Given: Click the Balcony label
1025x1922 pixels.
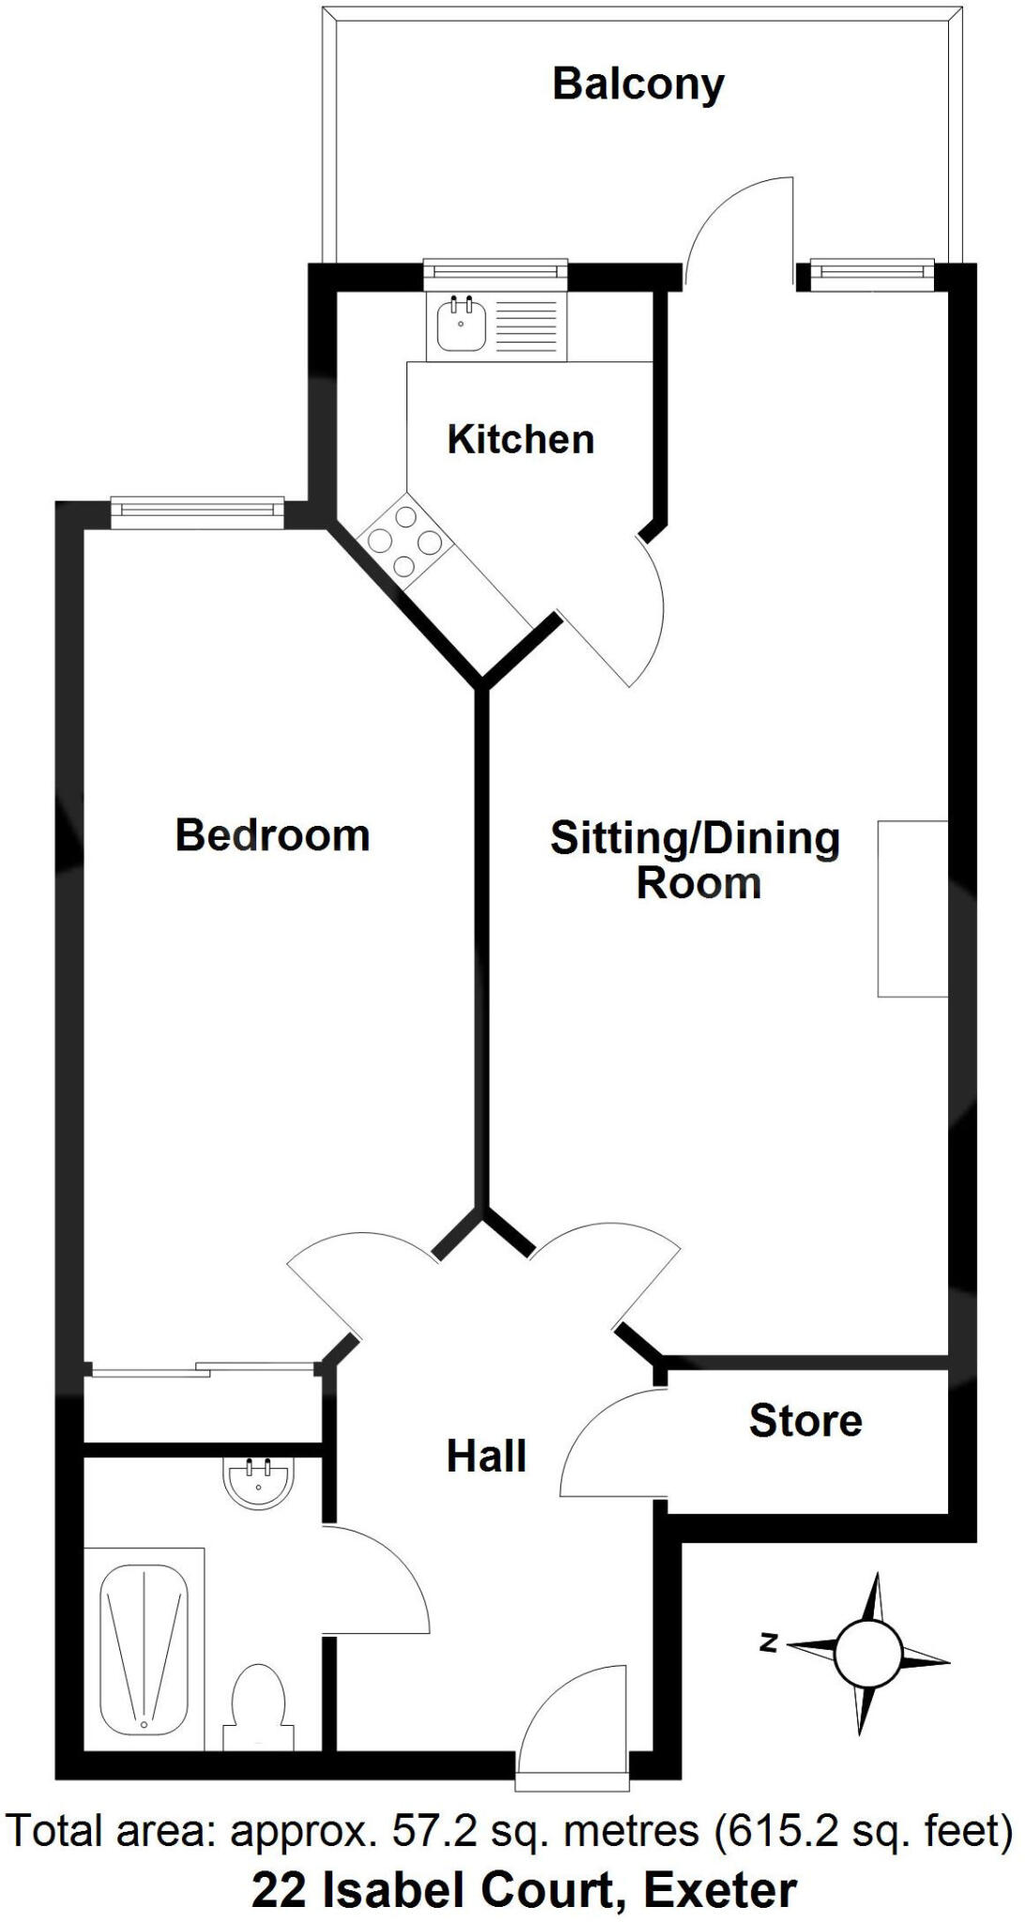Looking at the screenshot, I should click(x=638, y=84).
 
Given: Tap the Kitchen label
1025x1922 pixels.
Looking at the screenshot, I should click(x=521, y=439).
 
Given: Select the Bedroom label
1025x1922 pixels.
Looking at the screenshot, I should click(x=272, y=834).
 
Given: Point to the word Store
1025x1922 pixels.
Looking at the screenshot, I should click(x=805, y=1421).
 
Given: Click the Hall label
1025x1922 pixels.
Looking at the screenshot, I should click(x=485, y=1456).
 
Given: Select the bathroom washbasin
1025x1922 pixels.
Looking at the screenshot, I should click(x=259, y=1484).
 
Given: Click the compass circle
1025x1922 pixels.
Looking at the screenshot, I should click(x=866, y=1654).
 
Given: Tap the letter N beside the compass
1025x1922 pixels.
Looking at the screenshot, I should click(x=770, y=1642).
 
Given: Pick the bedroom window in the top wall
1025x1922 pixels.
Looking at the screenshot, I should click(x=197, y=508).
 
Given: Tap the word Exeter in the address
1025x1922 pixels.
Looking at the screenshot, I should click(x=720, y=1889).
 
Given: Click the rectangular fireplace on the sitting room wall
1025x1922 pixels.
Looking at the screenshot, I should click(x=912, y=908).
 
